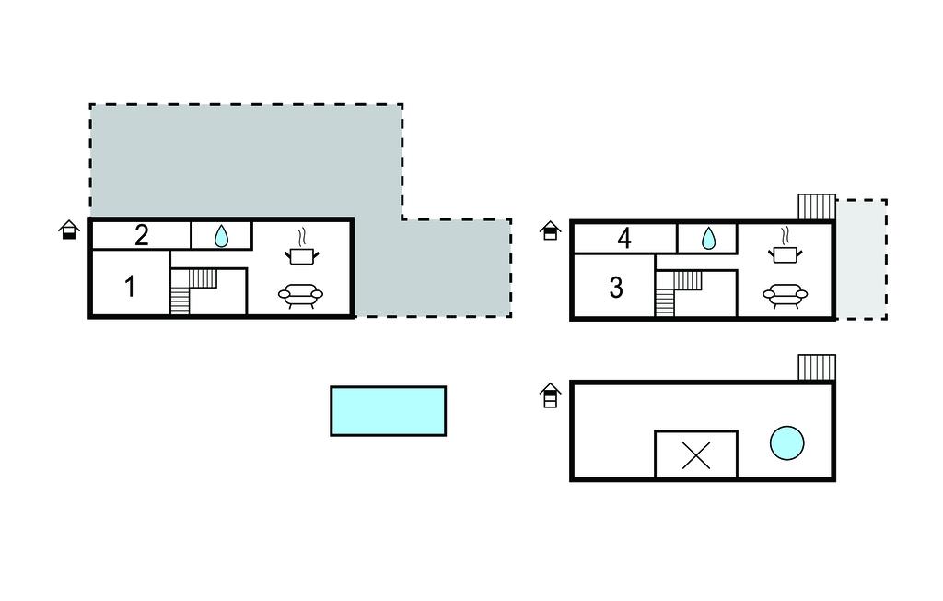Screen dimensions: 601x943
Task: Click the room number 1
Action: pos(130,287)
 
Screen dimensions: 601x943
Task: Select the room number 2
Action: pos(141,236)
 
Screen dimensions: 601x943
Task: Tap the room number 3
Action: pos(616,289)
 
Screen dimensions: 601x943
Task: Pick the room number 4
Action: pos(624,239)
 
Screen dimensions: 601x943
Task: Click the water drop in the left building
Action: pos(221,237)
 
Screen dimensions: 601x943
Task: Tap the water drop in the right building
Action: pos(707,239)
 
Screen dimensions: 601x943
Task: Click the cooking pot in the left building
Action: pos(302,248)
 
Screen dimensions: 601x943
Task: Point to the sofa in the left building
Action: pos(301,295)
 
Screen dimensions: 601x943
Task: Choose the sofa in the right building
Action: pos(785,295)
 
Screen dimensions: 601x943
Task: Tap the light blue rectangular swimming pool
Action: pos(388,410)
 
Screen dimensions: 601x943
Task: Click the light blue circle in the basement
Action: pos(786,442)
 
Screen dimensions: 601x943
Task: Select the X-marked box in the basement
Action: pos(696,454)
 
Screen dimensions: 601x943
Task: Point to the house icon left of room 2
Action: pos(69,230)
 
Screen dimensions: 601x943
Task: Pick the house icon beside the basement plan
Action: pos(550,395)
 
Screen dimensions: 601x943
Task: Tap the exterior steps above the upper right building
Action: pos(816,206)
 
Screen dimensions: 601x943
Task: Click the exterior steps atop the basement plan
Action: pos(816,367)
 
